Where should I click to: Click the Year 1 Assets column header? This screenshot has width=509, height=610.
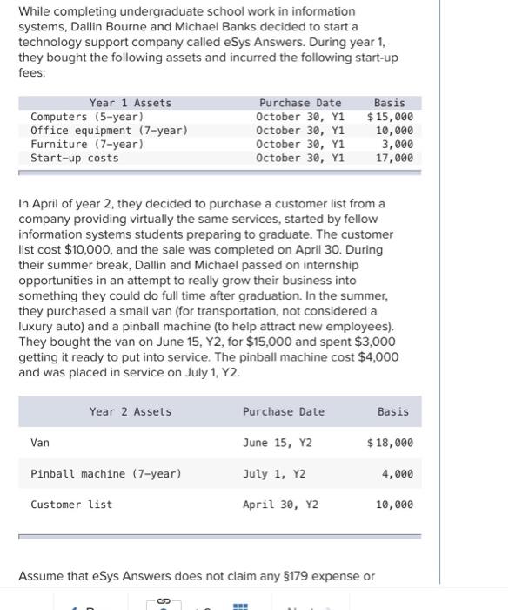point(131,103)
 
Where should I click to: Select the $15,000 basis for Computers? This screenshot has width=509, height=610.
point(391,117)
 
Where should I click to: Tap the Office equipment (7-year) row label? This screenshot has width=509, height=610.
point(109,131)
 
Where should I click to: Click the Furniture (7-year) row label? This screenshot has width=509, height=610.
point(87,144)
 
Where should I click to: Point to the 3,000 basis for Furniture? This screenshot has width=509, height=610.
point(398,144)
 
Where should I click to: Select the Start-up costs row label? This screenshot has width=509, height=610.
point(75,158)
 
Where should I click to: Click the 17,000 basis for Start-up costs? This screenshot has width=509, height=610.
point(394,158)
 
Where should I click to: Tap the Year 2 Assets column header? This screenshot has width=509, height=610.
point(131,411)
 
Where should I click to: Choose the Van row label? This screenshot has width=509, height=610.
point(40,443)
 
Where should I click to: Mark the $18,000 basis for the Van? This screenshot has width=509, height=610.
point(391,443)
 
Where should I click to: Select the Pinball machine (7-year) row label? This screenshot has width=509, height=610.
point(106,474)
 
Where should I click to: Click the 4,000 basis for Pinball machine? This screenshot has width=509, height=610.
point(398,474)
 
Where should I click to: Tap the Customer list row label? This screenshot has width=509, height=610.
point(71,505)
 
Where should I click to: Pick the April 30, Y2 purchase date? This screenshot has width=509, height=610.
point(280,505)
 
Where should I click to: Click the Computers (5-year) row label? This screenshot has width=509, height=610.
point(87,117)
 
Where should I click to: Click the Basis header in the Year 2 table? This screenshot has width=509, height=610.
point(393,411)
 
